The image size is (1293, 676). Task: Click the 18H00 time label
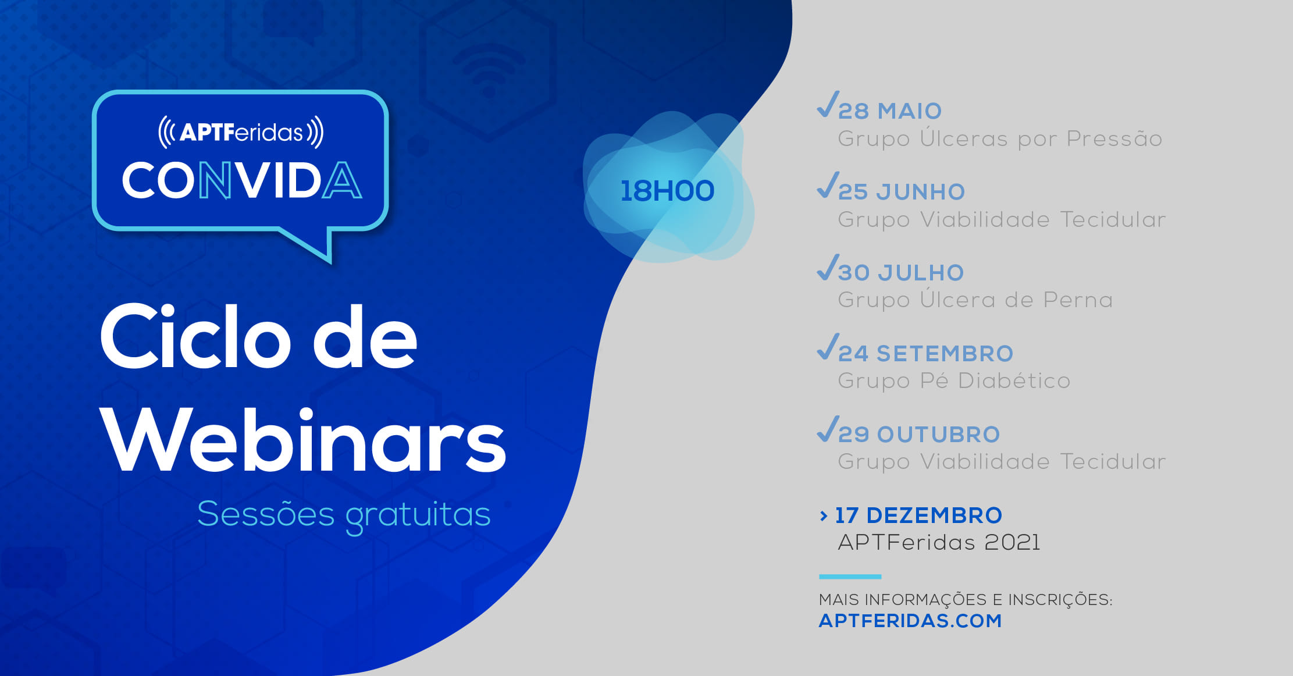click(667, 191)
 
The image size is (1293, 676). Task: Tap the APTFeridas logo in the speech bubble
click(241, 132)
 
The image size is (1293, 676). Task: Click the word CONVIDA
click(241, 180)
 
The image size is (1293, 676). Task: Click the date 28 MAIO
click(890, 111)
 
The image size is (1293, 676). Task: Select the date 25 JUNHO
click(902, 191)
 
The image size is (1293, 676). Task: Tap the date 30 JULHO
click(901, 272)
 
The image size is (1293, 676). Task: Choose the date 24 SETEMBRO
click(926, 353)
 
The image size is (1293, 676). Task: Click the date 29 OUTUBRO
click(919, 434)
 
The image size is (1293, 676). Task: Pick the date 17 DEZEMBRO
click(919, 515)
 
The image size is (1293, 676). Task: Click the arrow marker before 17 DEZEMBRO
click(823, 515)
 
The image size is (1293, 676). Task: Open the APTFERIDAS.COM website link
click(910, 621)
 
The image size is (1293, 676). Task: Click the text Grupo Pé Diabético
click(954, 380)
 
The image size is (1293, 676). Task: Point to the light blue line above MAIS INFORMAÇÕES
click(850, 577)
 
